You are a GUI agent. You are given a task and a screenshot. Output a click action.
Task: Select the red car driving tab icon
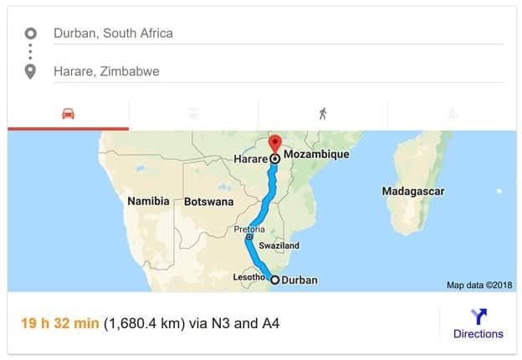click(x=69, y=114)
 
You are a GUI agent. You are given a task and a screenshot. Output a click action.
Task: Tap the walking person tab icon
click(x=323, y=114)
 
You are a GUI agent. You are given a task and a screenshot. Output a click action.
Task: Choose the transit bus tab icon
click(x=194, y=114)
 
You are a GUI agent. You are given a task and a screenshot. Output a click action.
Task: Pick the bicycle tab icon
click(x=452, y=114)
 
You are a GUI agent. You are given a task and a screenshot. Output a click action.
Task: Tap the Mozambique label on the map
click(x=315, y=155)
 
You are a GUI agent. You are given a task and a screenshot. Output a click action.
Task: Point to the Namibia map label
click(x=148, y=201)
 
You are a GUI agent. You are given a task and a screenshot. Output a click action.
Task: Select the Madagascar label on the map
click(x=413, y=192)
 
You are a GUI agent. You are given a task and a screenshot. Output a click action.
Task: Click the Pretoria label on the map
click(x=249, y=229)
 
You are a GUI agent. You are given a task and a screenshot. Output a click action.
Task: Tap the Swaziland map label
click(x=279, y=246)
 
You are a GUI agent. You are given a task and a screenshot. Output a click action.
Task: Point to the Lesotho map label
click(x=248, y=277)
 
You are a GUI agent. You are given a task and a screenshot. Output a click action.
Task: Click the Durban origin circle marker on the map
click(x=274, y=280)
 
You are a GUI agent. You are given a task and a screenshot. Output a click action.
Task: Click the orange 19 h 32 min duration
click(x=60, y=322)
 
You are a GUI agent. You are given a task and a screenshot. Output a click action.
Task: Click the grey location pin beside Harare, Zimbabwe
click(x=31, y=71)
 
